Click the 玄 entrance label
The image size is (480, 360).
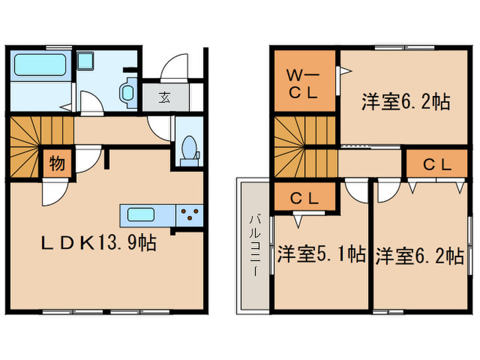pos(165,97)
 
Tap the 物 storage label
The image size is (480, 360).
pos(58,165)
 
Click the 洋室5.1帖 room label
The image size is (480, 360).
pos(321,255)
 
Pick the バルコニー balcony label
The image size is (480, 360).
pos(253,244)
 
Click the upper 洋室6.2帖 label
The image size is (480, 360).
pos(405,103)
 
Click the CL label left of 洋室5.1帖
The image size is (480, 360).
pos(302,199)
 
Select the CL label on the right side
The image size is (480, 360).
pos(436,165)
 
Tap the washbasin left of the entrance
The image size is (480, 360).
pos(128,91)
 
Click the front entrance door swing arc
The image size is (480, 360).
pos(173,69)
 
